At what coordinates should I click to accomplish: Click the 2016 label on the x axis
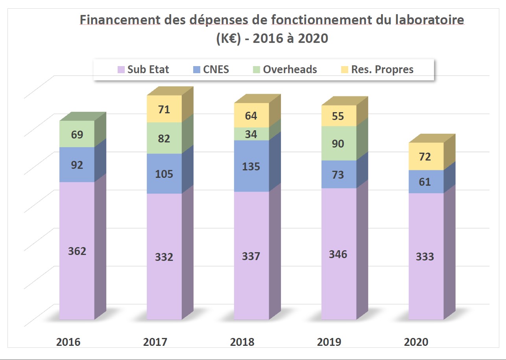(x=68, y=342)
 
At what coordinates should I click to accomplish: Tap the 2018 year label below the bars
(x=243, y=342)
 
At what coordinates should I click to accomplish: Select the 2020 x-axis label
(x=416, y=342)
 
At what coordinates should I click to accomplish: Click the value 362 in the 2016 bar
(x=77, y=251)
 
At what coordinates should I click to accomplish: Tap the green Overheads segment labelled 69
(x=77, y=134)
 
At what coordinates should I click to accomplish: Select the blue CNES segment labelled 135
(x=251, y=166)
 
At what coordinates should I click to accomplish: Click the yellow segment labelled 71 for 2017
(x=164, y=109)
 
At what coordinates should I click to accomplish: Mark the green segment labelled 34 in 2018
(x=251, y=134)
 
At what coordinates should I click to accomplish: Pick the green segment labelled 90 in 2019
(x=338, y=144)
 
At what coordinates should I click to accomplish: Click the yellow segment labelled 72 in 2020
(x=425, y=157)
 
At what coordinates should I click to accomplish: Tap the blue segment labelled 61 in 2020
(x=425, y=182)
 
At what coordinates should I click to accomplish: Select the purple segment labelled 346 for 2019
(x=338, y=254)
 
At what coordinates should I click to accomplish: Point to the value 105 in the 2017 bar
(x=164, y=174)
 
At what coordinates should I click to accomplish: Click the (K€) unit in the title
(x=227, y=39)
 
